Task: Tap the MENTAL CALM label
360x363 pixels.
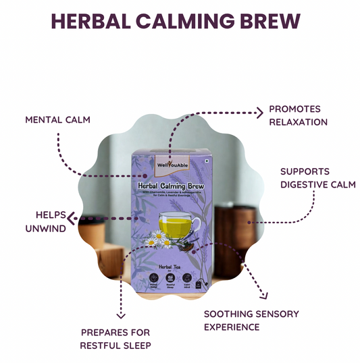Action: (x=57, y=119)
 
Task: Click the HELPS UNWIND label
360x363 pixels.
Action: (x=51, y=221)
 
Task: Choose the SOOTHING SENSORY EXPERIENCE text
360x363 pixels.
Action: (x=251, y=320)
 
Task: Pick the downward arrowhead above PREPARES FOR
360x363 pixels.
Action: (x=121, y=314)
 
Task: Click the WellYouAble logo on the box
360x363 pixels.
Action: (x=172, y=164)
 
